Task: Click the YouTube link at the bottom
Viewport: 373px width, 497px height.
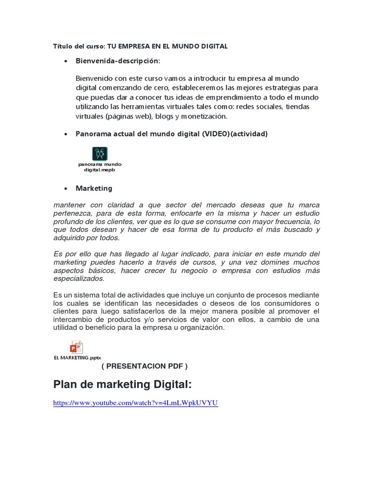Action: click(136, 403)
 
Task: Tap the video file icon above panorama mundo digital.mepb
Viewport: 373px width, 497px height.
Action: click(100, 154)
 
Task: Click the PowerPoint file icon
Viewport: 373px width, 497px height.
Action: click(77, 348)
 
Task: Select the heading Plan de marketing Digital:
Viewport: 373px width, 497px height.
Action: click(122, 385)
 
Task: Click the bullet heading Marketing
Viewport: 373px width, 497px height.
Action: click(94, 188)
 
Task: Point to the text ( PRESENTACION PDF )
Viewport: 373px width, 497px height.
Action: click(144, 366)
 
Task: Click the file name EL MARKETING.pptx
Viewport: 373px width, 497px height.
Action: click(77, 358)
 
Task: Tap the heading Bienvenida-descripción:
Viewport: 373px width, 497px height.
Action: click(118, 61)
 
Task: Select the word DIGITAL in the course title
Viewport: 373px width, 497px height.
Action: click(212, 47)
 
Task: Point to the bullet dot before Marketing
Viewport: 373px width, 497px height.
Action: click(65, 188)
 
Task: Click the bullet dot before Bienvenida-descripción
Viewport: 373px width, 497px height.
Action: click(65, 62)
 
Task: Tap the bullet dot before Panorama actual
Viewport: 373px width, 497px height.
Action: click(65, 134)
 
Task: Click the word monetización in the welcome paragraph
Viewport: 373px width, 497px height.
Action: click(204, 116)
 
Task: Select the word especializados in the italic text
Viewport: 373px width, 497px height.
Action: click(79, 279)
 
